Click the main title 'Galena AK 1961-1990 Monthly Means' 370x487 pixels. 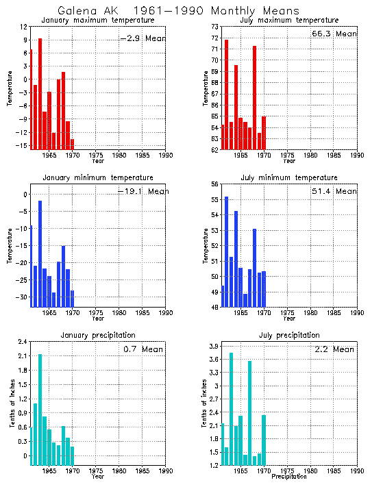coord(178,11)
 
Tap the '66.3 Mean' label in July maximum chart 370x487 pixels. coord(334,34)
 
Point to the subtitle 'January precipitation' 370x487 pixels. coord(98,335)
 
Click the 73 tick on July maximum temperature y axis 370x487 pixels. coord(213,27)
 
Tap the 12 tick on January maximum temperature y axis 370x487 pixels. coord(23,27)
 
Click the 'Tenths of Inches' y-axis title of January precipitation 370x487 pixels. coord(12,404)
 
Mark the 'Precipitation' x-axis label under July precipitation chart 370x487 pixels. coord(289,476)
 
